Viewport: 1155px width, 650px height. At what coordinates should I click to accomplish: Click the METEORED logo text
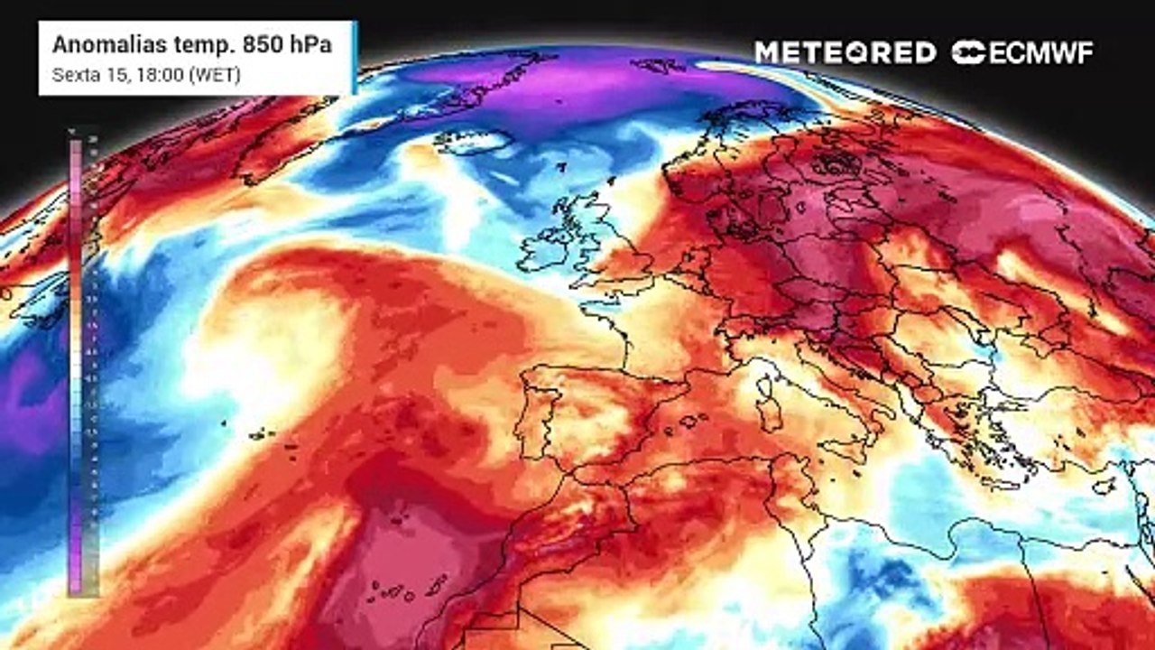click(x=845, y=52)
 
